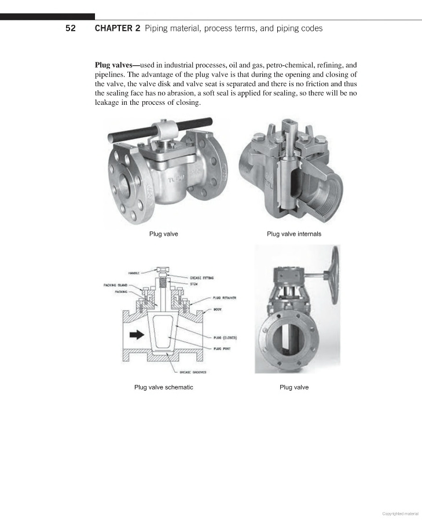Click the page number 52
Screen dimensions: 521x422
pyautogui.click(x=71, y=28)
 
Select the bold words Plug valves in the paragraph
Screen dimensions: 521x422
pyautogui.click(x=118, y=65)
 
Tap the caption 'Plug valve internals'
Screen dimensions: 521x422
pyautogui.click(x=293, y=234)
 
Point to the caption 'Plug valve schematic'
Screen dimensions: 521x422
pyautogui.click(x=163, y=387)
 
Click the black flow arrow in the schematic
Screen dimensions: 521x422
pyautogui.click(x=136, y=334)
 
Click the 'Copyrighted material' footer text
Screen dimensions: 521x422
pyautogui.click(x=400, y=513)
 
